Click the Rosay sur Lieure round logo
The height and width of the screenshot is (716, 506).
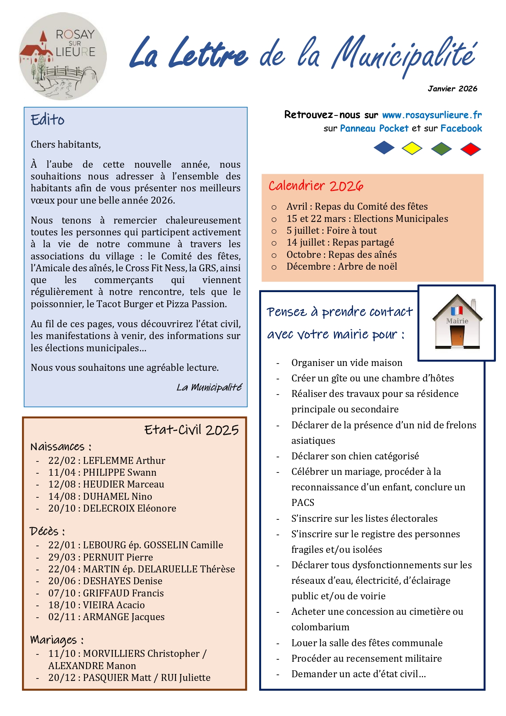point(63,56)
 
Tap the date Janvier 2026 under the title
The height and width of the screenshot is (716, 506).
point(452,89)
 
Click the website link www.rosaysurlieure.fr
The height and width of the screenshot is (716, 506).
point(432,115)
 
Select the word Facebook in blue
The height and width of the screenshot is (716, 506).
point(461,129)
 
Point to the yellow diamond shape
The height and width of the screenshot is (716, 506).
point(412,148)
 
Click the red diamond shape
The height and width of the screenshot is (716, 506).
point(470,149)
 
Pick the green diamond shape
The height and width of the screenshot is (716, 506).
point(441,149)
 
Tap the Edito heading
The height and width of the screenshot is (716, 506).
point(48,120)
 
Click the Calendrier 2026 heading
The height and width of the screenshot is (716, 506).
point(315,186)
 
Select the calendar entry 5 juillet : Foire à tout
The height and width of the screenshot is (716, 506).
point(331,231)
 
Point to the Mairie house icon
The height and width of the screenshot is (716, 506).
point(457,322)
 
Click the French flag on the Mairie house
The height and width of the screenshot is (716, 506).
point(457,310)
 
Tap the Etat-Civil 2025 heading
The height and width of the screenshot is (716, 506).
point(191,430)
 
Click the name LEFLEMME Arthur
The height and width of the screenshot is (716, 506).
point(124,461)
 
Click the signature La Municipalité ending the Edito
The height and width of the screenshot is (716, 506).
point(209,387)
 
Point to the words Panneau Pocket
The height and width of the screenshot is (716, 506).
point(374,129)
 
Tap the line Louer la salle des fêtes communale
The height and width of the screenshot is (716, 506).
point(366,643)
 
